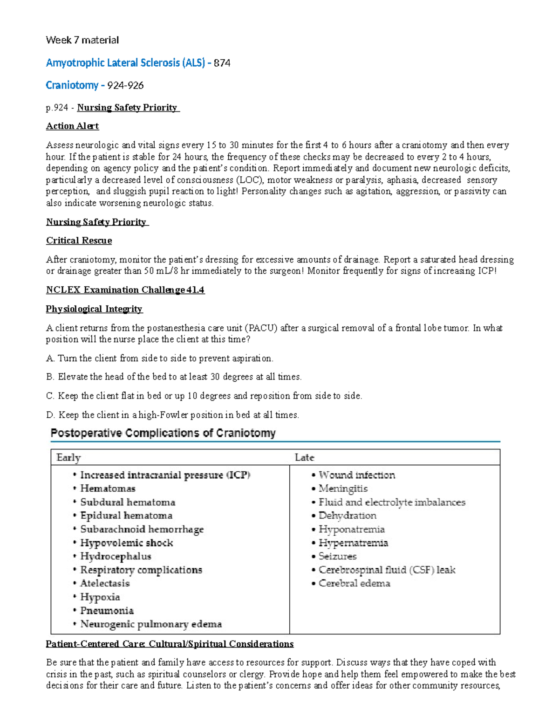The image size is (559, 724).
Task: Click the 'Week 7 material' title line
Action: (82, 40)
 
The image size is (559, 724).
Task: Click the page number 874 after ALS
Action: (222, 63)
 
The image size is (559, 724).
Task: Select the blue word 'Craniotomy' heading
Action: (72, 85)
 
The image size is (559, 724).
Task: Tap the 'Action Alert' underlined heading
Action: (72, 126)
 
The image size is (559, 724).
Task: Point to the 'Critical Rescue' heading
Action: (79, 241)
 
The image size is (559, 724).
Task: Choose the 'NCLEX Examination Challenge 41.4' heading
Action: (125, 290)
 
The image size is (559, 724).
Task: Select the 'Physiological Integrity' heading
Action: (94, 309)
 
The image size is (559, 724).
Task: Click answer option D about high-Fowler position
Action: (172, 415)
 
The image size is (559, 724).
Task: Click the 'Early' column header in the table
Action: (68, 457)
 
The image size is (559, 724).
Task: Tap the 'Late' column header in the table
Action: (305, 457)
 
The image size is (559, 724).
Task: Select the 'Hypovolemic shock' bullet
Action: (126, 543)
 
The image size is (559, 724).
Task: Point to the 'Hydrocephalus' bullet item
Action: (116, 556)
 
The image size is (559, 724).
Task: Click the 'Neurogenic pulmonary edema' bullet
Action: (151, 624)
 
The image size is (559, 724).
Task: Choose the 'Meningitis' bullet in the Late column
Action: (343, 489)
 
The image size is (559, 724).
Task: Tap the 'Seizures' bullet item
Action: (337, 556)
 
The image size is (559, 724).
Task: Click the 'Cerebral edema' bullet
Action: (354, 583)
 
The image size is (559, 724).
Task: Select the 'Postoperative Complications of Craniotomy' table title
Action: (163, 433)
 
